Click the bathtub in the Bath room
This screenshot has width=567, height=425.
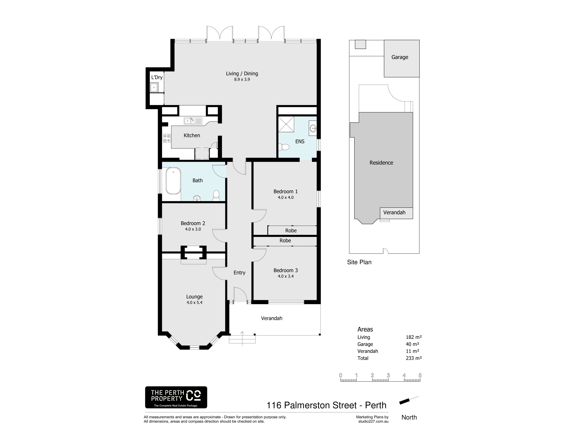(x=173, y=181)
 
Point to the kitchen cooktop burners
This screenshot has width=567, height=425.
(x=167, y=138)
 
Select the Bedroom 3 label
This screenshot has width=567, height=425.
(x=286, y=270)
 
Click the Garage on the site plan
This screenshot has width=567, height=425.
(x=402, y=58)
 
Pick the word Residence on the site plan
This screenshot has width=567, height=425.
(x=381, y=163)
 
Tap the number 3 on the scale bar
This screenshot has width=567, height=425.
(x=388, y=375)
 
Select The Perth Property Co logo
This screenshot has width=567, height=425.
(x=176, y=397)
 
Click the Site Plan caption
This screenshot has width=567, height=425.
(x=359, y=262)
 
